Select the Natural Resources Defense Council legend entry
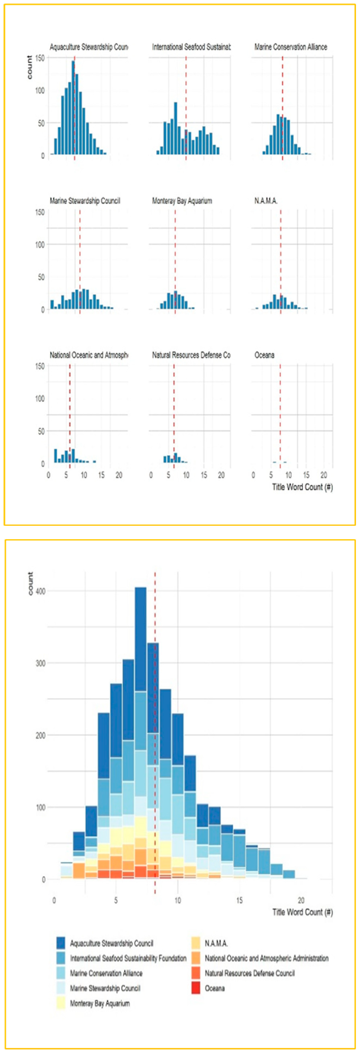[x=250, y=973]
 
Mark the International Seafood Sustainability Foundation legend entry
[x=128, y=958]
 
